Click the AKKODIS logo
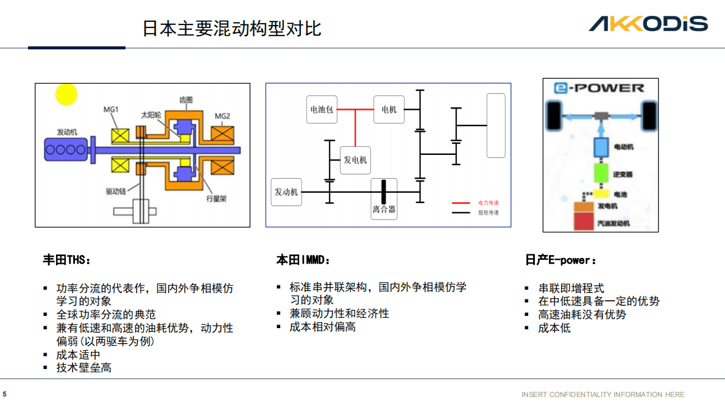648,24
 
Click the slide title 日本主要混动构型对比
232,28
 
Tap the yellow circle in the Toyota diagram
66,95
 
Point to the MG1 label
111,110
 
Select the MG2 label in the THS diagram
222,116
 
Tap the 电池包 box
322,110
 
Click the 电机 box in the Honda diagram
389,110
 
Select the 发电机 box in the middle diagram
355,160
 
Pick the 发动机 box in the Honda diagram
286,192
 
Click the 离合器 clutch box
384,199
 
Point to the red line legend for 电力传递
461,202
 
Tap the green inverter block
601,173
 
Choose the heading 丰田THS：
66,260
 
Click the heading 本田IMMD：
303,260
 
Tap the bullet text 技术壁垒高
84,368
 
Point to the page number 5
5,394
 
